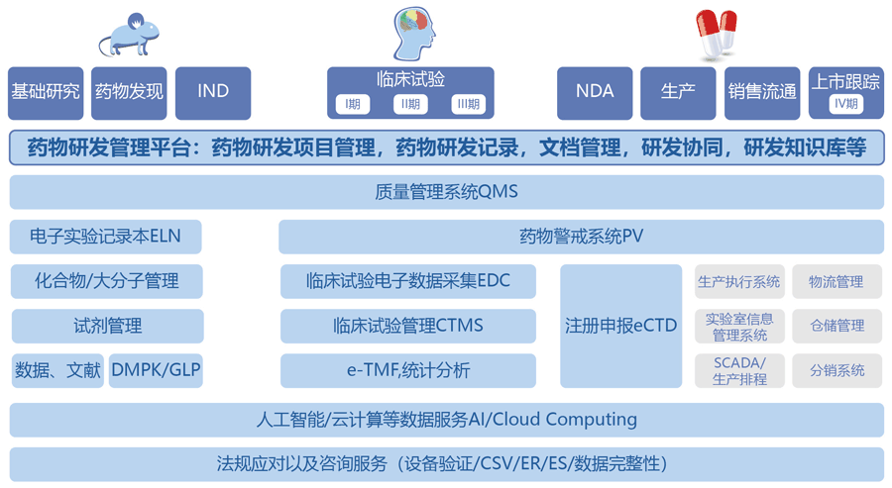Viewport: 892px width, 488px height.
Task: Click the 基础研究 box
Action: [x=46, y=92]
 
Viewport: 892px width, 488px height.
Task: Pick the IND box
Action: [x=213, y=92]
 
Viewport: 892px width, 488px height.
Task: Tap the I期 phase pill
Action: [x=353, y=104]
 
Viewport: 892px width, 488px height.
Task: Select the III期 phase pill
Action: [x=467, y=104]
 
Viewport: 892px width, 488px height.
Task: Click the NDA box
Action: [x=595, y=92]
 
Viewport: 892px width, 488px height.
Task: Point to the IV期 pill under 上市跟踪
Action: [x=845, y=103]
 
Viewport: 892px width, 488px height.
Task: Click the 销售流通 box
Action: [x=762, y=92]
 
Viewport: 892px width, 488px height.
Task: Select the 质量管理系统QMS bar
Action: [x=446, y=192]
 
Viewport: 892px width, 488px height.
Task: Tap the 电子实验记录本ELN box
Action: [x=107, y=237]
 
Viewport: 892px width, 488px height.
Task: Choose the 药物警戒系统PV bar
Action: [x=581, y=237]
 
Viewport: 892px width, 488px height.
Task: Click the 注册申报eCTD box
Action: [x=621, y=326]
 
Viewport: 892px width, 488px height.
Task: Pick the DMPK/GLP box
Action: [x=157, y=370]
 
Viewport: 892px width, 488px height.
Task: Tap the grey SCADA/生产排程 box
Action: [x=739, y=370]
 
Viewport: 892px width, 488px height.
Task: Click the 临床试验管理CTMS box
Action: [x=407, y=326]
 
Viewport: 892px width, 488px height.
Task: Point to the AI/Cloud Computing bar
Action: [x=446, y=420]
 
